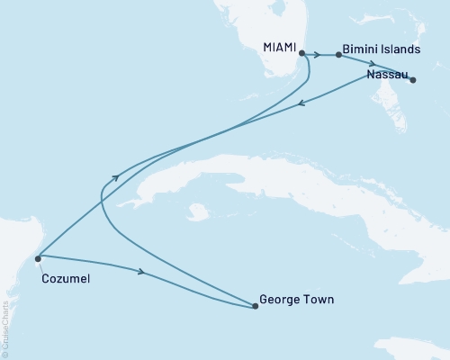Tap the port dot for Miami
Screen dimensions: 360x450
click(x=301, y=53)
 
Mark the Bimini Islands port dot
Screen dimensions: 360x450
click(x=338, y=55)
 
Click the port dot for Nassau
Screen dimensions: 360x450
click(x=413, y=80)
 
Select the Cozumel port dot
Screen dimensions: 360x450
click(x=38, y=258)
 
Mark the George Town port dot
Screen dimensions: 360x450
click(x=256, y=306)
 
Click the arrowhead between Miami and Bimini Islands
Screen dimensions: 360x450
click(x=319, y=55)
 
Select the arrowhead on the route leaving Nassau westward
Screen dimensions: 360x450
click(x=301, y=103)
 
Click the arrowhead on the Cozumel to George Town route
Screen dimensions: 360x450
click(x=140, y=271)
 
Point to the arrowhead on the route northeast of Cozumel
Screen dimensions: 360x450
click(x=114, y=179)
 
